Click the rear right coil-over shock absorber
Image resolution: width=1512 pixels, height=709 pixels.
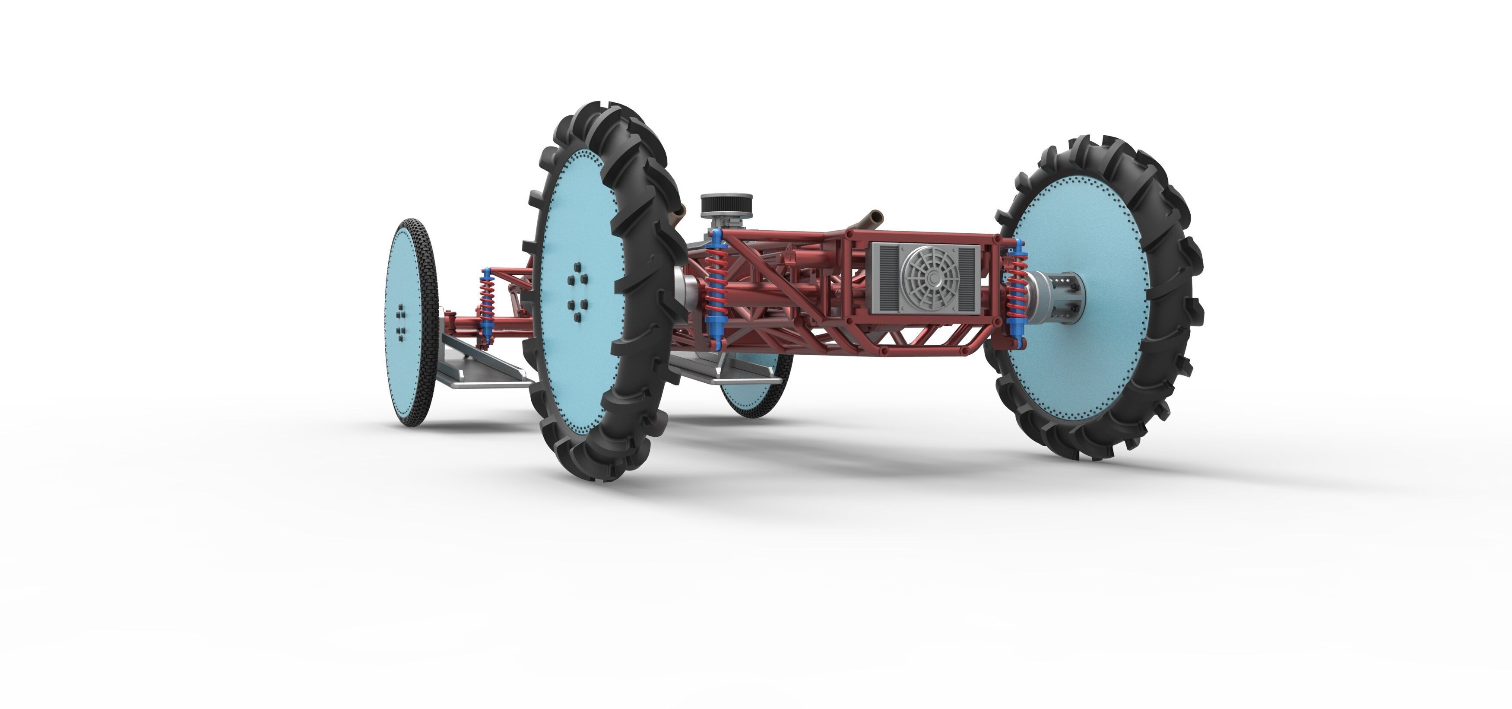(x=1017, y=290)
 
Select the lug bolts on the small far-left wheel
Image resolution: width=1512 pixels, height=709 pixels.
(x=401, y=322)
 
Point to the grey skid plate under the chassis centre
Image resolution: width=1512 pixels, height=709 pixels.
(x=728, y=370)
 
